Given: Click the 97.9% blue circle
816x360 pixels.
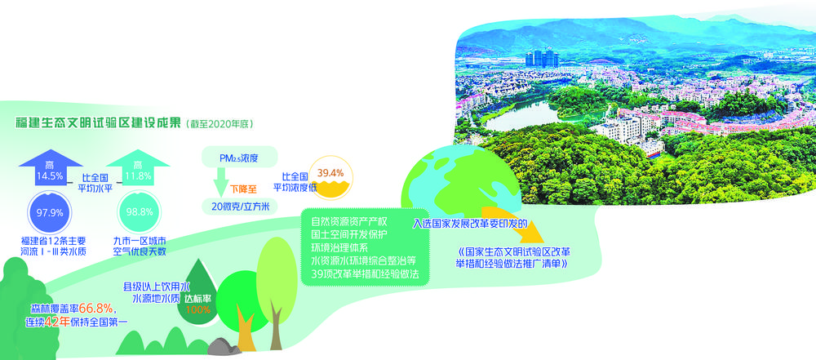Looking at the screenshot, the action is click(x=51, y=212).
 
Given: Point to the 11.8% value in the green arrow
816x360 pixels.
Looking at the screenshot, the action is click(x=138, y=178).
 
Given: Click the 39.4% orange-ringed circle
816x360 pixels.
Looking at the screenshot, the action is click(x=331, y=179).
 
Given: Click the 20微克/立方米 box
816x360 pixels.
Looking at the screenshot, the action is click(x=239, y=207).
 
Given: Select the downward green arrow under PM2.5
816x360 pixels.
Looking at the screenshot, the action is click(x=220, y=182).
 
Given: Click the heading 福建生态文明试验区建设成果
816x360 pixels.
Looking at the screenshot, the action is click(x=98, y=123).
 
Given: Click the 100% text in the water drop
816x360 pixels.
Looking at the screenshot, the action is click(x=197, y=309).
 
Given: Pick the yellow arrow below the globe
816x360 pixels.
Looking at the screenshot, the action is click(x=512, y=224).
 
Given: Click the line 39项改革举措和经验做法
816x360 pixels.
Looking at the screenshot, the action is click(x=365, y=273).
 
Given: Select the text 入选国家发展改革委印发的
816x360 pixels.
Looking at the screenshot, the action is click(x=471, y=224).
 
